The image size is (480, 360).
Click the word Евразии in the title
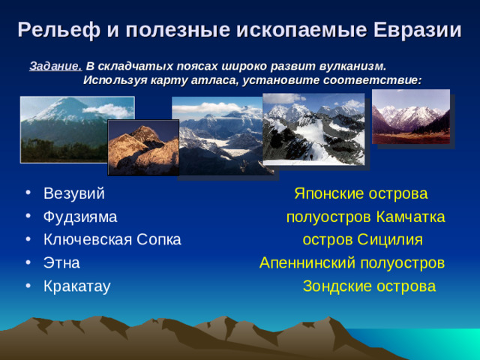(x=414, y=30)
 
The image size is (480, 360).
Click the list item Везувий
(x=73, y=194)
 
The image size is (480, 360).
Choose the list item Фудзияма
(x=79, y=217)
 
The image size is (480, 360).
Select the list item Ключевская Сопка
(x=112, y=240)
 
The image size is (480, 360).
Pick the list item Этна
(x=61, y=263)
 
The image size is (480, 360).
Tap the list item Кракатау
(x=76, y=286)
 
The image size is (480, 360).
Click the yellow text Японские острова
(x=361, y=194)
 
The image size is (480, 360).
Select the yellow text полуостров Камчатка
(x=365, y=217)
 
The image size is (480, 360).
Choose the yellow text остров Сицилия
(x=362, y=240)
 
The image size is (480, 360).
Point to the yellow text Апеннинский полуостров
(x=352, y=263)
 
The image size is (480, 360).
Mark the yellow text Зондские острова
(x=369, y=286)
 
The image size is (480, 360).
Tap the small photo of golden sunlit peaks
(x=142, y=147)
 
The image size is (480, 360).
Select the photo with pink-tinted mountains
(x=411, y=116)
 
